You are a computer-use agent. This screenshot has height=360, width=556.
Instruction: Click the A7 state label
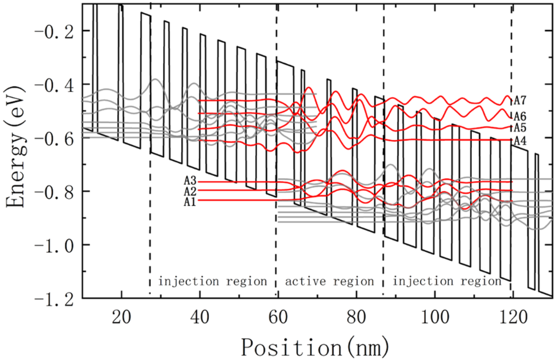pos(520,100)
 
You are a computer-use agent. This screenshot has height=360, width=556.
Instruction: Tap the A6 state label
pos(520,116)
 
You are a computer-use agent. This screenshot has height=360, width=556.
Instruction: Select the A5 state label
pos(520,128)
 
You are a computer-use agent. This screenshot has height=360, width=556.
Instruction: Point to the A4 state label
pos(520,141)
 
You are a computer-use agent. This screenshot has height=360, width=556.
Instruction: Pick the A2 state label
pos(190,191)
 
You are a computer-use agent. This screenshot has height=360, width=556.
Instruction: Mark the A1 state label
pos(190,202)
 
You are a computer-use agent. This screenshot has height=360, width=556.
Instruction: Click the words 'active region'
pos(329,281)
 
